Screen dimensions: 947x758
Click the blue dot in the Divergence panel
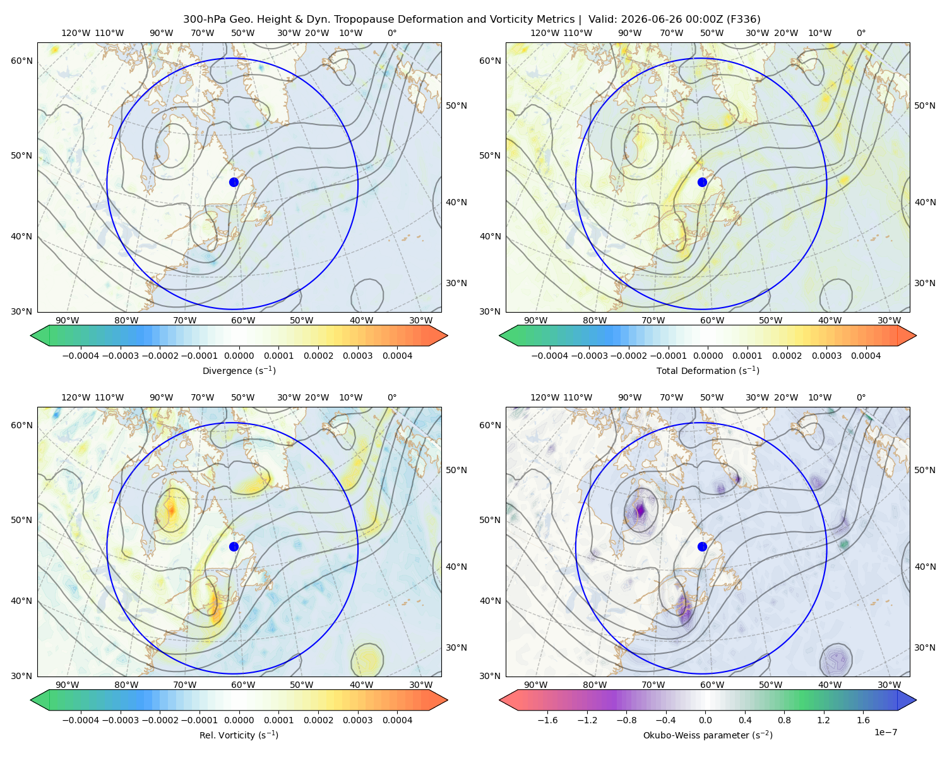[234, 182]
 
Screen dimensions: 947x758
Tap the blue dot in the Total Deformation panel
[702, 182]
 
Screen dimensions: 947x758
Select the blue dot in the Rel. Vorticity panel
[234, 546]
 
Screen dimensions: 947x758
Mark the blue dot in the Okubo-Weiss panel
[702, 546]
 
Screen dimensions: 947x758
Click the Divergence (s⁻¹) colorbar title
[239, 370]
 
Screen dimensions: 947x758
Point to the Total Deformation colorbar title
[708, 370]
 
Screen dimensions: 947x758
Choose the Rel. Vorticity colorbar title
[239, 735]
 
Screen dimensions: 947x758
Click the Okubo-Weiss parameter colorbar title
[708, 735]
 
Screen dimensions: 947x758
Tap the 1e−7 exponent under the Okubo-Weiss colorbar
[885, 732]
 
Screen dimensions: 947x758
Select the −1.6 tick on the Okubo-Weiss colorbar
[547, 720]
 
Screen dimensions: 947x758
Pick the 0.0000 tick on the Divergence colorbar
[239, 356]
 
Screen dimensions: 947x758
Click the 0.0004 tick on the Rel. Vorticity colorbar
[397, 720]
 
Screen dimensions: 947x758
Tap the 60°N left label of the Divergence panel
[21, 61]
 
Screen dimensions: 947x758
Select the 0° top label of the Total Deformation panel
[861, 33]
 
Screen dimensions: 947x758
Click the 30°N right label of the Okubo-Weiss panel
[925, 647]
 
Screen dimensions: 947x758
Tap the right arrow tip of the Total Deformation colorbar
[916, 335]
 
